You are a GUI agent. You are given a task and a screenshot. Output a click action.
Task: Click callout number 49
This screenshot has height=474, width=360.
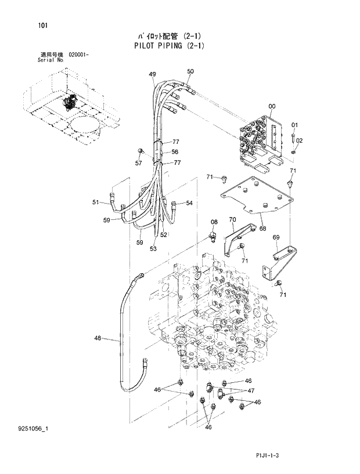152,74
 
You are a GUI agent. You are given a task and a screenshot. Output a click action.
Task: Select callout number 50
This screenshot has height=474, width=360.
190,71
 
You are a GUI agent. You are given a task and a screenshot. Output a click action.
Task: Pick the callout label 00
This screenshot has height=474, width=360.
272,106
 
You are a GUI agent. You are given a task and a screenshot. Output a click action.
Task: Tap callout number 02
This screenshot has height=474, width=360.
300,140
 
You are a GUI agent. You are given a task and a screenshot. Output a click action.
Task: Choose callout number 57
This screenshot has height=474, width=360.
138,163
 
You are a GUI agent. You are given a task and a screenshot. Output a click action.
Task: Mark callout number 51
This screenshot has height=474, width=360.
95,202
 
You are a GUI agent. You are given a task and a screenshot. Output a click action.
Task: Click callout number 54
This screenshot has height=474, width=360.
189,203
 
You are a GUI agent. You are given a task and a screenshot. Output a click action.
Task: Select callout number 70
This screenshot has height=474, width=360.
232,219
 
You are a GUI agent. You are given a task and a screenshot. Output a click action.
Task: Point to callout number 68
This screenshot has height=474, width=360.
262,229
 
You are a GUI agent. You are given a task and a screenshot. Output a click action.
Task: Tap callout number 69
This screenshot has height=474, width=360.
276,237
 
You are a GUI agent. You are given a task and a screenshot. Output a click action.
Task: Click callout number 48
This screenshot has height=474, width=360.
97,338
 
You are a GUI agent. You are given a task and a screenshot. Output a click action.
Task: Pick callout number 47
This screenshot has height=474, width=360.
251,391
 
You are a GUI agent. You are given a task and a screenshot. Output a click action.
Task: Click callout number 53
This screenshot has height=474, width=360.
153,249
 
